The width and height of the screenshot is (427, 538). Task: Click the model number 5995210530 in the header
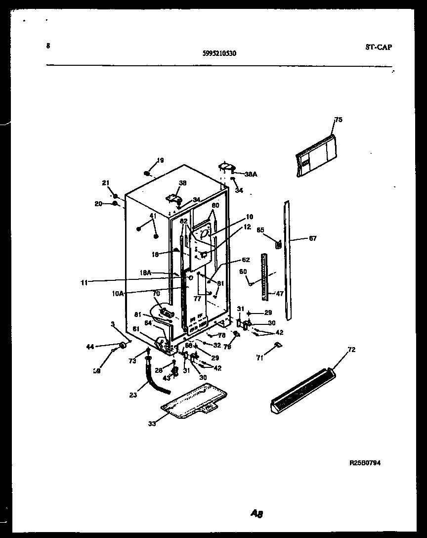tap(219, 54)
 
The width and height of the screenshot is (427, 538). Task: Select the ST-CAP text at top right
tap(379, 47)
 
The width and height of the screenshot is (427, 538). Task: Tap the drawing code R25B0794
tap(365, 463)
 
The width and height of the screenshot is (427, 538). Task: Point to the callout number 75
tap(338, 120)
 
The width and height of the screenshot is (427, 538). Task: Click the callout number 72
tap(351, 350)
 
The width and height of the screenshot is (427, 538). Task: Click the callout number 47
tap(280, 293)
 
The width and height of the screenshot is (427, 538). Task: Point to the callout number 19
tap(160, 160)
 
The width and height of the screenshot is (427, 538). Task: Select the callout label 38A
tap(251, 174)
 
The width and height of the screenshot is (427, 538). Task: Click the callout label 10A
tap(118, 293)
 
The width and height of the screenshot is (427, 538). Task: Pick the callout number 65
tap(260, 229)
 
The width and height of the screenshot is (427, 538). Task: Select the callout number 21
tap(105, 183)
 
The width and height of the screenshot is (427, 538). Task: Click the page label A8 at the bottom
tap(256, 514)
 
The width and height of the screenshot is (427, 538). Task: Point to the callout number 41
tap(153, 216)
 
